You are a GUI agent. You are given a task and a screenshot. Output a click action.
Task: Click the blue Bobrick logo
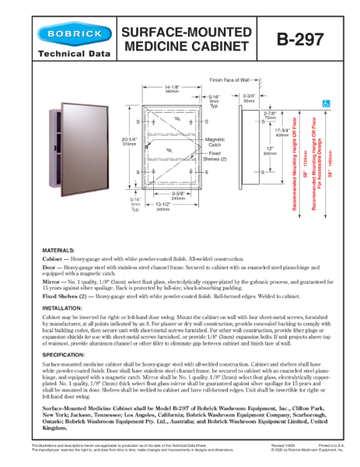point(69,35)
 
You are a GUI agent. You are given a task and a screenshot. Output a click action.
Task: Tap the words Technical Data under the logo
point(69,58)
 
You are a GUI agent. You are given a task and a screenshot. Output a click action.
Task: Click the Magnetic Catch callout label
point(215,142)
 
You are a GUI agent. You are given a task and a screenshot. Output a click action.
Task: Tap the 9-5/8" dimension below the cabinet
point(178,195)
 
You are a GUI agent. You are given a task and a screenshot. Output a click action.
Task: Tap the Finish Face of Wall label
point(229,79)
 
